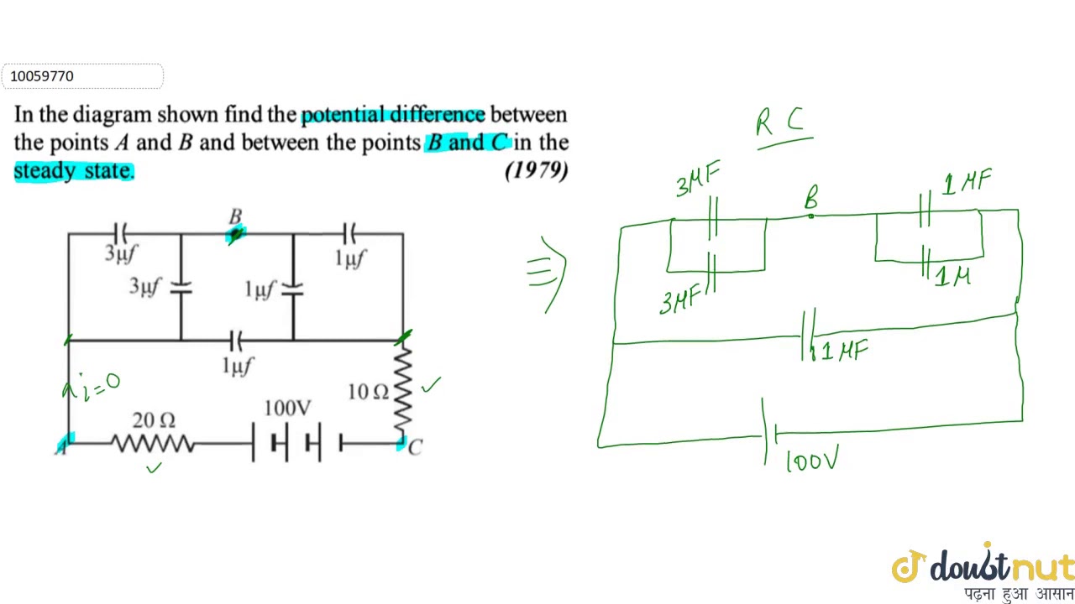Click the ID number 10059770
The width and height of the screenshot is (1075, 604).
tap(42, 76)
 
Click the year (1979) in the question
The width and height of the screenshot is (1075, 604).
tap(536, 170)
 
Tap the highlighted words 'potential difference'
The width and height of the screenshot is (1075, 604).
tap(392, 114)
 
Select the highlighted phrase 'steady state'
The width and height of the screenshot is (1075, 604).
tap(73, 170)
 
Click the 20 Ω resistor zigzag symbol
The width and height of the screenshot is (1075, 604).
tap(153, 444)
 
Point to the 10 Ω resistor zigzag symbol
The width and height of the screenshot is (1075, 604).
tap(404, 391)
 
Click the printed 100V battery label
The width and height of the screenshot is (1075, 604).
tap(287, 409)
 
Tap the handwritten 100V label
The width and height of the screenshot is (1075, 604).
tap(811, 461)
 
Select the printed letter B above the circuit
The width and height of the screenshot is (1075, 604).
tap(236, 216)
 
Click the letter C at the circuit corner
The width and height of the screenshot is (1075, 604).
tap(415, 447)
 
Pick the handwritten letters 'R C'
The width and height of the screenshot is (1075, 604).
tap(780, 123)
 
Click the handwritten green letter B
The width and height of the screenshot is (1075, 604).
tap(811, 199)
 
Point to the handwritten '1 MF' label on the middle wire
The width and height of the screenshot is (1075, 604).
tap(842, 351)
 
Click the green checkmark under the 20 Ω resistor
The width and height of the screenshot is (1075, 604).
tap(153, 468)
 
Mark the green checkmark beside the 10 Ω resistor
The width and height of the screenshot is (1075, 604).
tap(431, 385)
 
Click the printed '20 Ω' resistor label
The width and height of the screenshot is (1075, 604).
tap(154, 419)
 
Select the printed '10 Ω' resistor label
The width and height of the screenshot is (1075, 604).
tap(368, 392)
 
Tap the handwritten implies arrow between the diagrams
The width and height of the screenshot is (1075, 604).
tap(547, 270)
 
